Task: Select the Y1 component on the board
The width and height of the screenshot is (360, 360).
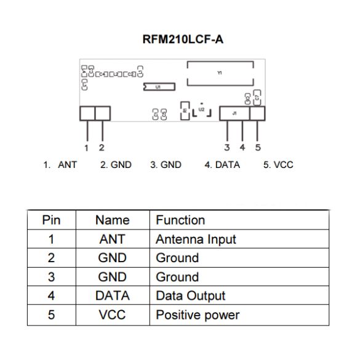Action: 220,73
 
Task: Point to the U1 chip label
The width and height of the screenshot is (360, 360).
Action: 158,87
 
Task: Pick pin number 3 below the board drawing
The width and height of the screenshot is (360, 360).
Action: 227,147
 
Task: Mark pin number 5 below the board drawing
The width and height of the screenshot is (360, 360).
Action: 257,147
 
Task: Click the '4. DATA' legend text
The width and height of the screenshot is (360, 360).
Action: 222,165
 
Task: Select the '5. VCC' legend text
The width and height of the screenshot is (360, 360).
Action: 278,165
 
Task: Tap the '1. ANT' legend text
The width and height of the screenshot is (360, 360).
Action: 60,165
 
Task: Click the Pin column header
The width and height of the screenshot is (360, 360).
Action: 51,220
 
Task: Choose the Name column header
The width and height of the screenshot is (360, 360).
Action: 113,220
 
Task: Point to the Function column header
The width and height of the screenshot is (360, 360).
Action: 180,220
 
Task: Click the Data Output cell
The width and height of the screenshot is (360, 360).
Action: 191,296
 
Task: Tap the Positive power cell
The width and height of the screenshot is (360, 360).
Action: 198,315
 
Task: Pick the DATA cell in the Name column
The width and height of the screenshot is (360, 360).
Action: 113,296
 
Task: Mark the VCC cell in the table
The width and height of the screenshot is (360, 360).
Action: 113,315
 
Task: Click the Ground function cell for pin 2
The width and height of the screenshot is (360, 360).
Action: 177,258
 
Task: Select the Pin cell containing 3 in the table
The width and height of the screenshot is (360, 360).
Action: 51,277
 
